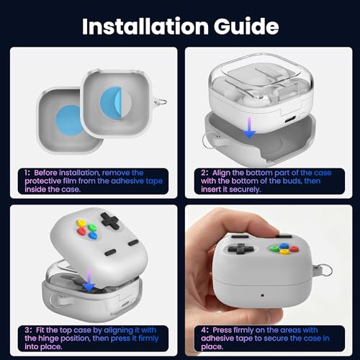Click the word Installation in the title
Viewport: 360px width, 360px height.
145,26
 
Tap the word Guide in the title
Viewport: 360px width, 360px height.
246,26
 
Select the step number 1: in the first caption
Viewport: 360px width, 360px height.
27,173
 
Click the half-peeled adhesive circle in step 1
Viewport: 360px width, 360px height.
115,102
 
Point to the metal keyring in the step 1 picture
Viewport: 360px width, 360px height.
161,102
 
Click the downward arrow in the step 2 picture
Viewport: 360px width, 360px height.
249,127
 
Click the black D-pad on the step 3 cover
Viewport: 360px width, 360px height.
110,220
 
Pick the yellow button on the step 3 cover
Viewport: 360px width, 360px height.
81,222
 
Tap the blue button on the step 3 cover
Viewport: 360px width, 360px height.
93,235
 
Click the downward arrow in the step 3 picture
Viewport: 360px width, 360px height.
89,280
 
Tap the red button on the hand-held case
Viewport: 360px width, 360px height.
294,248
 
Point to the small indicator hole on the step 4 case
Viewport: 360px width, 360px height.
262,295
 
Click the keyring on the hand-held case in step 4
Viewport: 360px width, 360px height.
325,271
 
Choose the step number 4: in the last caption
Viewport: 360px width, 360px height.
205,330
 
